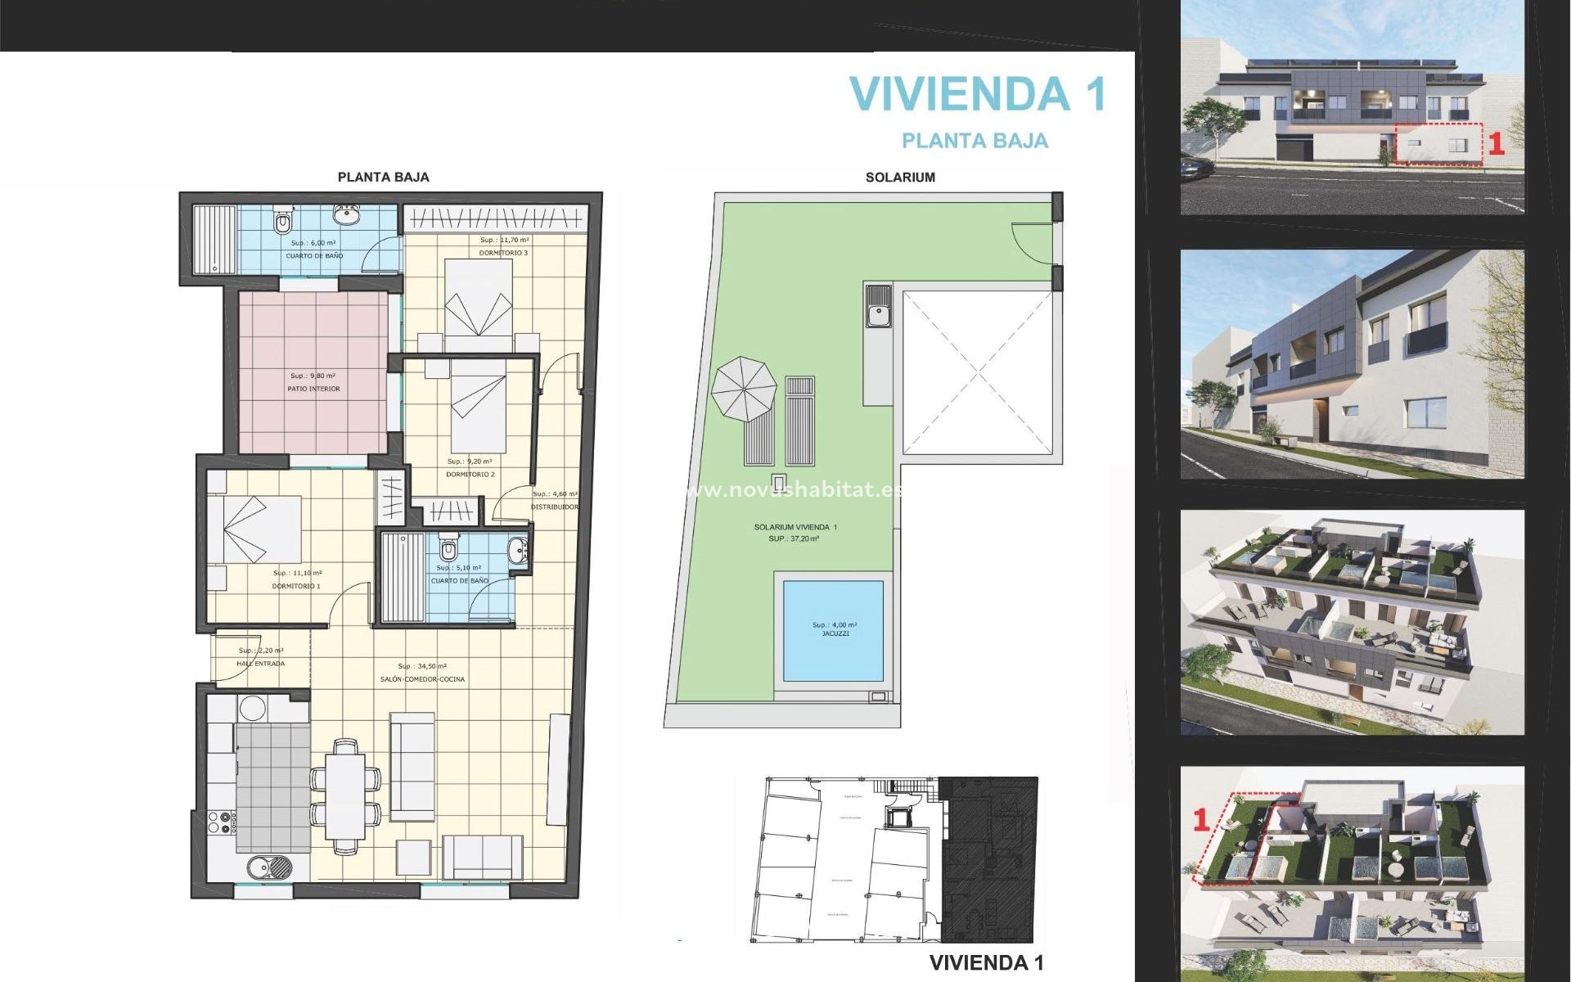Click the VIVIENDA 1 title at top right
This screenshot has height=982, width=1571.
978,93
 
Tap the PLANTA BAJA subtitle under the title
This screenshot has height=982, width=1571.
975,141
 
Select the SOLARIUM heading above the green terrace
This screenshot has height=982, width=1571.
900,177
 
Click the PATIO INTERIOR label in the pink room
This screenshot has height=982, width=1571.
313,389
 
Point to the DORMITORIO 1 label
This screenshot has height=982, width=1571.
296,586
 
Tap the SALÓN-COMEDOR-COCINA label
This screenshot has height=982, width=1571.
422,679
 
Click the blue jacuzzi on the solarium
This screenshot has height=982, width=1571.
833,630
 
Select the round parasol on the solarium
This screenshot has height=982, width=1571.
743,389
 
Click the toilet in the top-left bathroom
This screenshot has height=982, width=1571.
283,220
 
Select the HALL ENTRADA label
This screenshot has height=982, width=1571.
260,664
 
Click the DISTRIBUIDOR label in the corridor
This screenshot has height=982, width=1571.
554,507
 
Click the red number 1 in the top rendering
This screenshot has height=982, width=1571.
1496,144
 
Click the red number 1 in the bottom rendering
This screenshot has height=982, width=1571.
1201,820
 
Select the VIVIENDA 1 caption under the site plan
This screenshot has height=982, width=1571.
986,962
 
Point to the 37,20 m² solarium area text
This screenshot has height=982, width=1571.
794,538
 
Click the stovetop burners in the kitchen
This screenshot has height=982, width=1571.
221,822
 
